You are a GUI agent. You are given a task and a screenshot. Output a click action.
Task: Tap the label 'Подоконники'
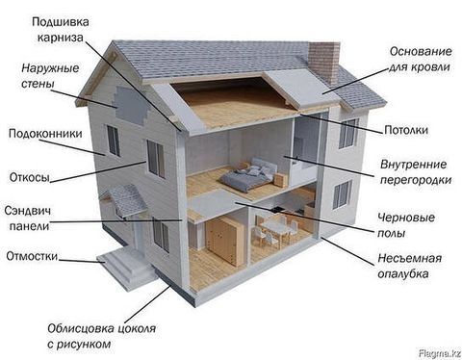click(39, 135)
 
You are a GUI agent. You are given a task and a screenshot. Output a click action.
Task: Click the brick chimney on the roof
click(323, 60)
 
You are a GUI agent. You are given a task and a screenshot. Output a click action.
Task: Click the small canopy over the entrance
click(127, 199)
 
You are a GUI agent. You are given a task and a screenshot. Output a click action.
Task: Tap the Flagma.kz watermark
click(437, 352)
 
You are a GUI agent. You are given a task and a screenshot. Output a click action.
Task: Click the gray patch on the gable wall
click(131, 102)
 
